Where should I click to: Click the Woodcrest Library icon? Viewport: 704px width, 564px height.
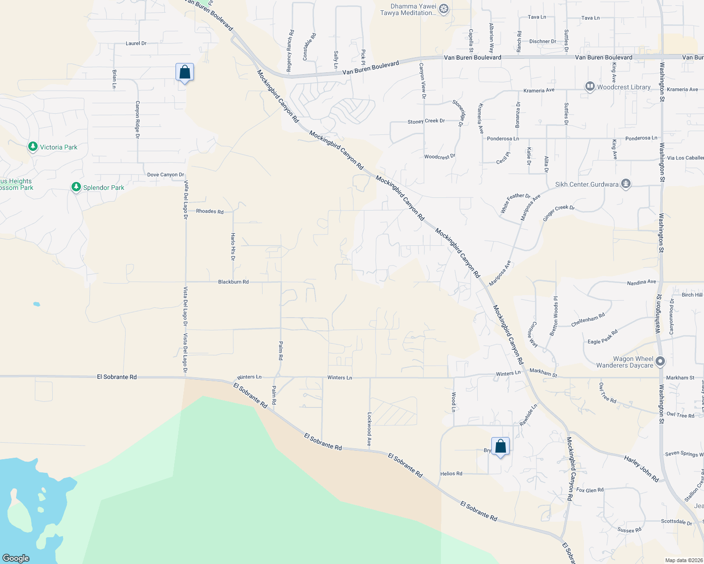tap(590, 86)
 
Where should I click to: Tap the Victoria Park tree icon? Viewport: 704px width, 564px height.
tap(32, 147)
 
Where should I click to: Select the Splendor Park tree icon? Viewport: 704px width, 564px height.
tap(76, 188)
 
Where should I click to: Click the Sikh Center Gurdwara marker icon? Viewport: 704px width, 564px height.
tap(625, 184)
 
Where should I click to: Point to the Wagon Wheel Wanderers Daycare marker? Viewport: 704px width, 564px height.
tap(660, 361)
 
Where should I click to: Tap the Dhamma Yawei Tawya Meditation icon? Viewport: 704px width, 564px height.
tap(443, 9)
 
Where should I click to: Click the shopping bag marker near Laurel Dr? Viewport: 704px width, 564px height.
tap(184, 73)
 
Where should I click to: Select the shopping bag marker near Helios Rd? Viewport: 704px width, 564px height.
tap(500, 446)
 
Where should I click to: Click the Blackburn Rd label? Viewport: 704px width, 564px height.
tap(233, 282)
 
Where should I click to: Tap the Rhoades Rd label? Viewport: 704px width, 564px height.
tap(210, 211)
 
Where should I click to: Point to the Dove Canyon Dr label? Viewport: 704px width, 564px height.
tap(166, 175)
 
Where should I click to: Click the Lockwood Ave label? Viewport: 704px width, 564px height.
tap(369, 429)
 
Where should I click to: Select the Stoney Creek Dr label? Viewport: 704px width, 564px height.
tap(426, 121)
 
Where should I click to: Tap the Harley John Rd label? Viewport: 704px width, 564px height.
tap(641, 469)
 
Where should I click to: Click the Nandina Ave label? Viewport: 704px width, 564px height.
tap(641, 282)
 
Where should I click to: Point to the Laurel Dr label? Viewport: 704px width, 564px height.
tap(136, 43)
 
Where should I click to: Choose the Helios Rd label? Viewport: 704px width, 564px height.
tap(451, 474)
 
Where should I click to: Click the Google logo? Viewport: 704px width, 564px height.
tap(16, 558)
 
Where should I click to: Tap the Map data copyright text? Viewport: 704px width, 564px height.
tap(682, 560)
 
